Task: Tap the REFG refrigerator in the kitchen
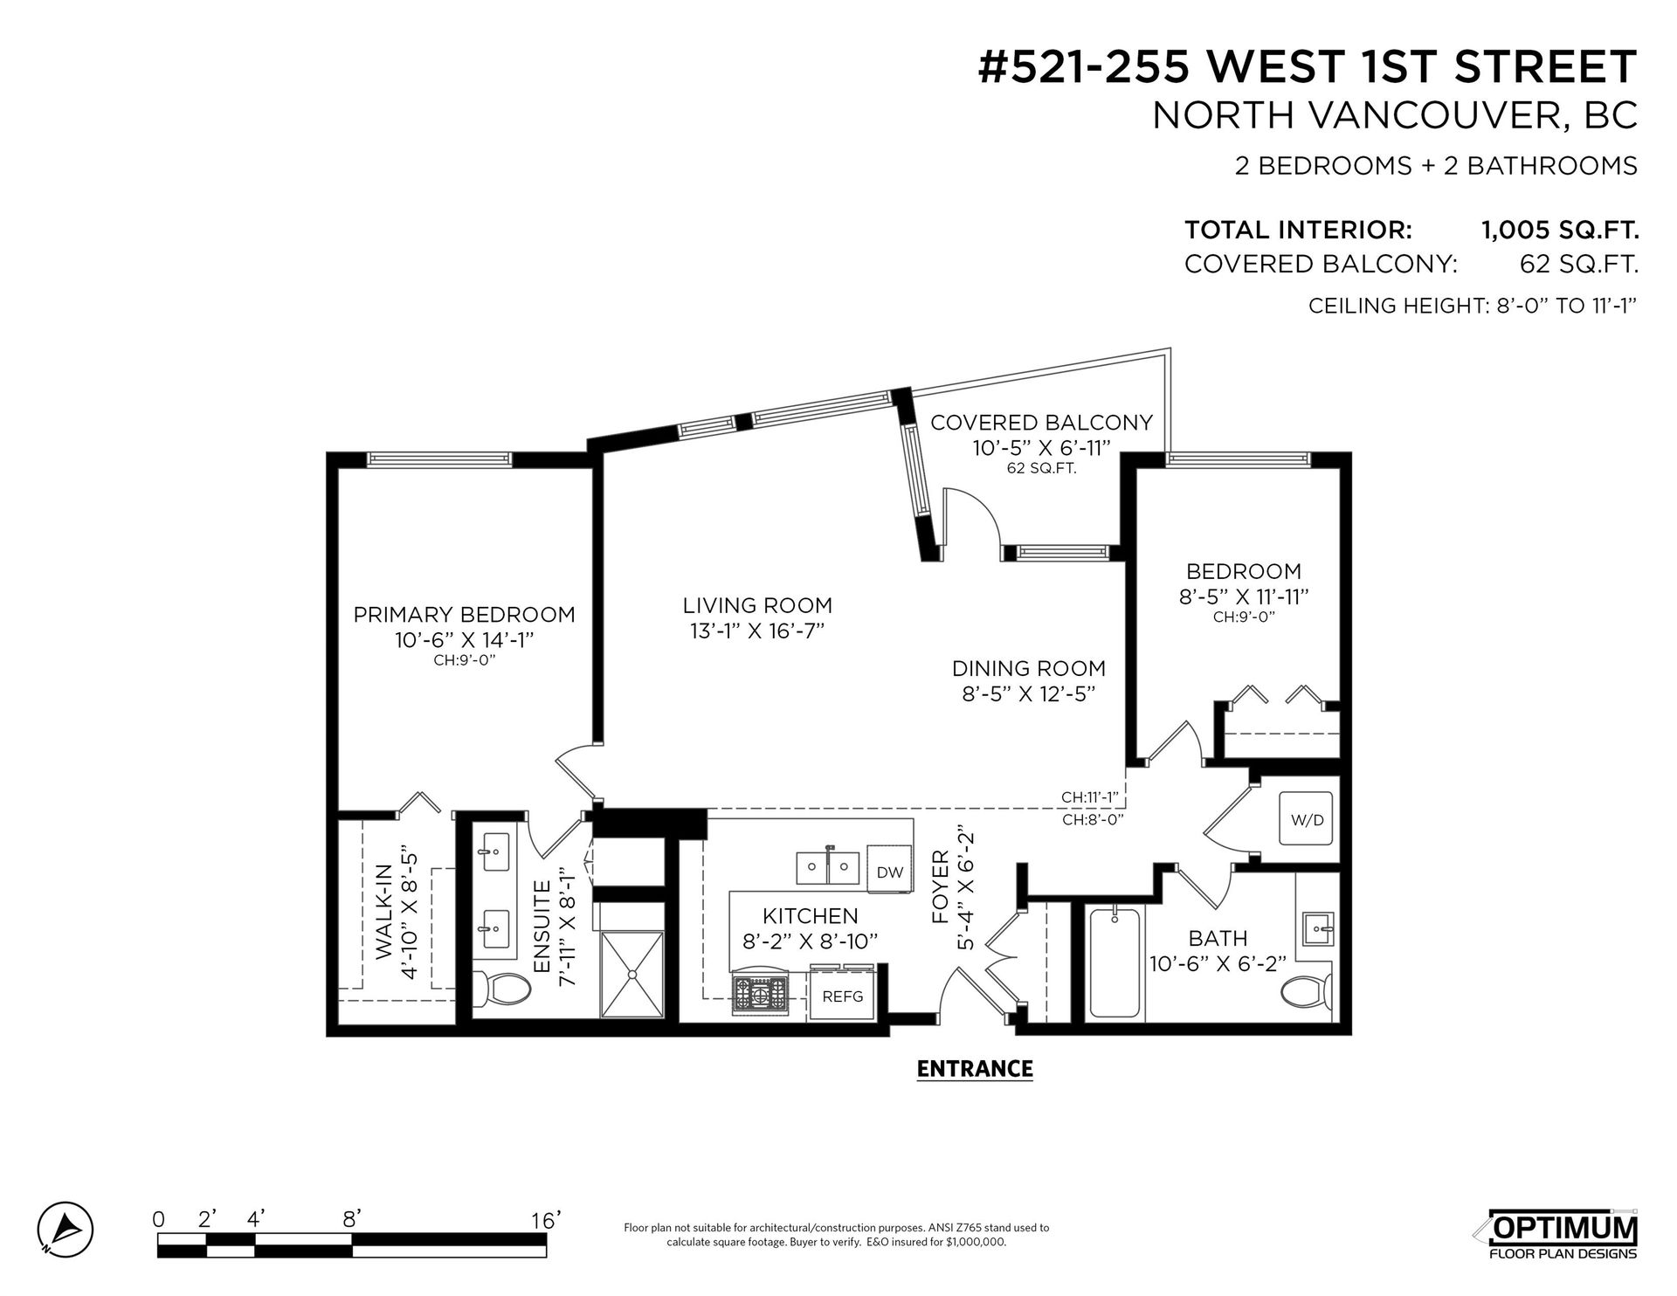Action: (843, 995)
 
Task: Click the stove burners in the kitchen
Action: (760, 995)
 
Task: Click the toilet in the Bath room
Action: (1308, 992)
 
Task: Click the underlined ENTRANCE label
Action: (975, 1068)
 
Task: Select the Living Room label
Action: (757, 605)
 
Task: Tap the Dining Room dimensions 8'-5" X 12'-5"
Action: (1029, 694)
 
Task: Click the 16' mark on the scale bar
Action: (545, 1219)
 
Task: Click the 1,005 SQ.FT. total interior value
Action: (1559, 231)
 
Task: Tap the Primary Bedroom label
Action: (464, 615)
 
